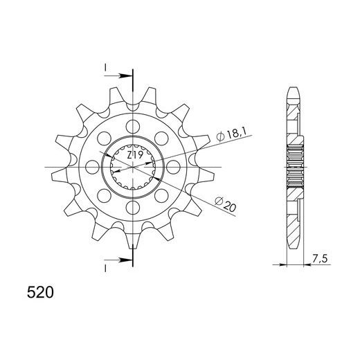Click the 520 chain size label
tap(40, 293)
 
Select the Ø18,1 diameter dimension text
tap(231, 135)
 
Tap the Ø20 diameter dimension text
tap(225, 204)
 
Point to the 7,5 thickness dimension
tap(320, 259)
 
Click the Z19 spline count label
tap(135, 156)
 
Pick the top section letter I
tap(105, 68)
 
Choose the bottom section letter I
tap(105, 269)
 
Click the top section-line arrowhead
tap(123, 75)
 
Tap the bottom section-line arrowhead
tap(123, 260)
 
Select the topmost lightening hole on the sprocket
tap(133, 127)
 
